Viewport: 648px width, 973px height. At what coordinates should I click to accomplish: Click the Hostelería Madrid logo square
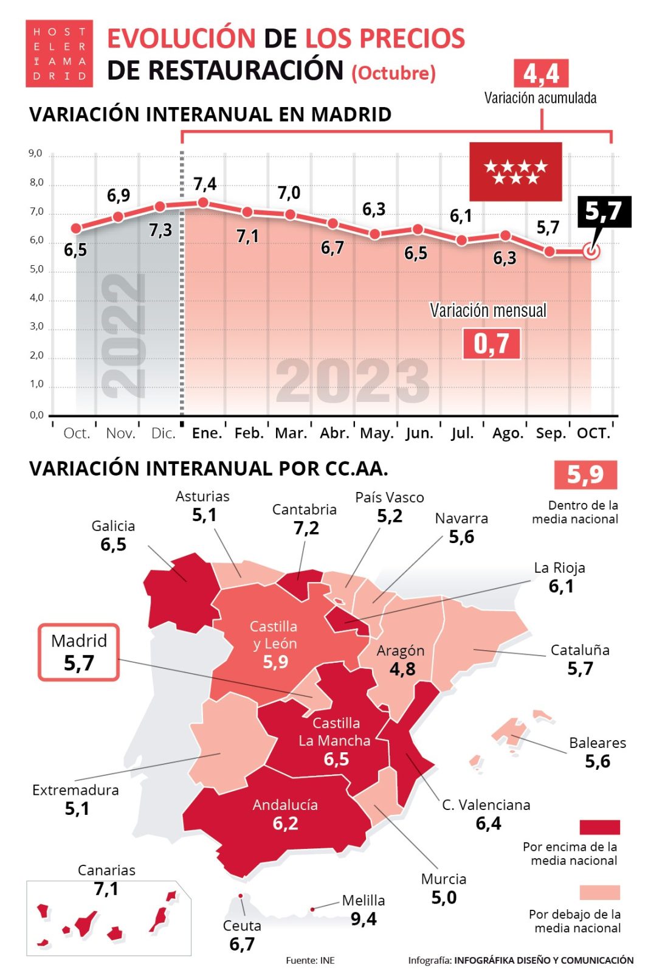coord(59,54)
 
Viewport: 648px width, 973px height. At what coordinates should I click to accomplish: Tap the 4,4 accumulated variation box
coord(540,74)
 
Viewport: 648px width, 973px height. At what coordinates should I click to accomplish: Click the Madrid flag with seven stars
coord(515,171)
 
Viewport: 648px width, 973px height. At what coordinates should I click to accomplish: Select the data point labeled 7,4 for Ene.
coord(204,203)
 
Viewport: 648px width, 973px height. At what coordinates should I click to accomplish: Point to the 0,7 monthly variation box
coord(491,344)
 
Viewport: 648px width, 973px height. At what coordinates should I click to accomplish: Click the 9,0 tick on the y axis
coord(36,153)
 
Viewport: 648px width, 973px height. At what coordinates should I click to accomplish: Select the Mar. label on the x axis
coord(291,433)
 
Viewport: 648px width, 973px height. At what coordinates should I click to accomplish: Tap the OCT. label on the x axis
coord(593,433)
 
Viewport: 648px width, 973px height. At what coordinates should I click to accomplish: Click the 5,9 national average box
coord(585,474)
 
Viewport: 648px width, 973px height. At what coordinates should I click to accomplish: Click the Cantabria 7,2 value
coord(306,528)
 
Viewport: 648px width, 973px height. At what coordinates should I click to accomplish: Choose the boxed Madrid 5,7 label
coord(79,652)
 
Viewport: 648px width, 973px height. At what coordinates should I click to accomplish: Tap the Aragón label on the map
coord(400,651)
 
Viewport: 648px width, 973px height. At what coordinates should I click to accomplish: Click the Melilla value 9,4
coord(364,919)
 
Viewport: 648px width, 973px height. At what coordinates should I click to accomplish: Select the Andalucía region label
coord(285,805)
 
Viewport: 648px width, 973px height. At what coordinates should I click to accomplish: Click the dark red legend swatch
coord(599,826)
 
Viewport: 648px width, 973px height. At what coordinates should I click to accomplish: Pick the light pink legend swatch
coord(599,892)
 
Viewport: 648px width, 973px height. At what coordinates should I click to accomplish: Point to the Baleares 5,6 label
coord(597,752)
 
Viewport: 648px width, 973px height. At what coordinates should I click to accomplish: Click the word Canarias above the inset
coord(106,870)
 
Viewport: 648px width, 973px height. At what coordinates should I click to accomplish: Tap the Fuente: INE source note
coord(310,960)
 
